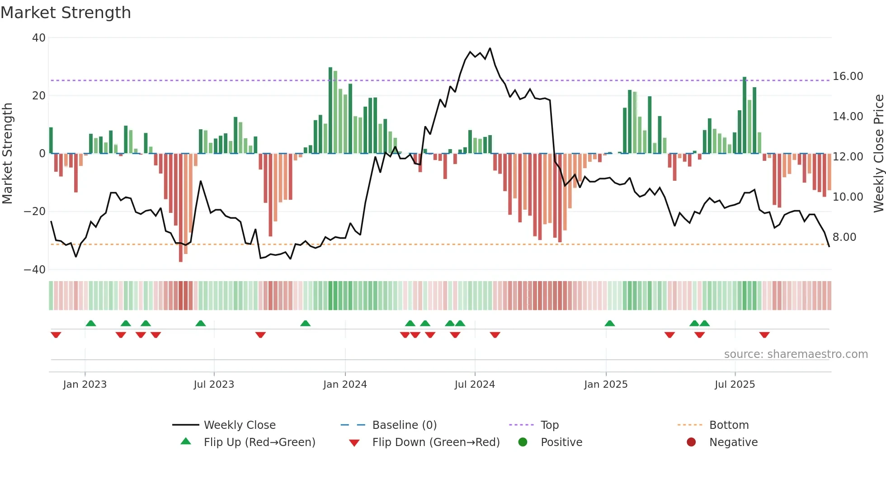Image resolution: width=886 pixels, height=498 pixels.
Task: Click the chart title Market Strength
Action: click(66, 13)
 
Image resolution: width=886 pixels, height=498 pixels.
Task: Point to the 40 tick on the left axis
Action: click(39, 38)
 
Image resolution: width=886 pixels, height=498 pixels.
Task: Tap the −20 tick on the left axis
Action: click(35, 211)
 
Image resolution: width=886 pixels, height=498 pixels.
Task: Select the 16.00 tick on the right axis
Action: click(848, 76)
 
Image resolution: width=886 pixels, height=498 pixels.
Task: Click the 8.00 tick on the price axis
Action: click(844, 237)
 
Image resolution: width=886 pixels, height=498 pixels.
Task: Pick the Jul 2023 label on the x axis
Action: click(214, 385)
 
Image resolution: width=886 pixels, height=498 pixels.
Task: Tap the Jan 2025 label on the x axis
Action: click(605, 385)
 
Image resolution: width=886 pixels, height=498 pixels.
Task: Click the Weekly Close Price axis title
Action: click(878, 154)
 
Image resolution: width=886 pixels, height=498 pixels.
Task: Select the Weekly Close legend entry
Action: click(239, 425)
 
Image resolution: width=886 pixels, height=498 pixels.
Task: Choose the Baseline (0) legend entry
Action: click(404, 425)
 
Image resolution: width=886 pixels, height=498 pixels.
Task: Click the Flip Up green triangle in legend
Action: click(186, 442)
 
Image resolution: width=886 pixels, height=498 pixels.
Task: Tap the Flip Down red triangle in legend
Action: click(354, 443)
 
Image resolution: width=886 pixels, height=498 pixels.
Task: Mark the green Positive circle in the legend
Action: click(523, 442)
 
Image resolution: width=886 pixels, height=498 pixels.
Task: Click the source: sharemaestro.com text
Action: click(796, 354)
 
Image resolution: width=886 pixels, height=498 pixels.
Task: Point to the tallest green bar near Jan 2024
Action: click(330, 111)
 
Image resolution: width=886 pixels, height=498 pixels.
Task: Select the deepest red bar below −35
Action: click(181, 208)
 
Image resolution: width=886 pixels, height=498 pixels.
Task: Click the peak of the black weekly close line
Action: click(490, 48)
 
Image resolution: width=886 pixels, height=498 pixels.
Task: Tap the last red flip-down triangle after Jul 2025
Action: click(764, 335)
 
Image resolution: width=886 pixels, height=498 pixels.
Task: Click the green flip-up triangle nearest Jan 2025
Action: click(609, 324)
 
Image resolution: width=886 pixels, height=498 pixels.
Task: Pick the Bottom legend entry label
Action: click(729, 425)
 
